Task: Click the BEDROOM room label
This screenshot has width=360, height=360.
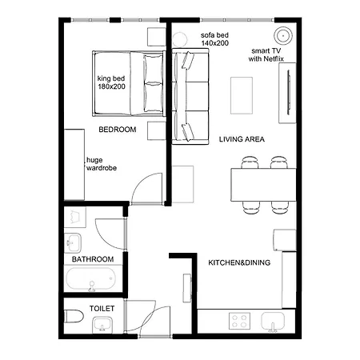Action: (118, 130)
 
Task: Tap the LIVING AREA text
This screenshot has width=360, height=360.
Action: (242, 139)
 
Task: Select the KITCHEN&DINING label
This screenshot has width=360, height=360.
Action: (239, 262)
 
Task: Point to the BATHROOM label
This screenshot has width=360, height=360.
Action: (93, 260)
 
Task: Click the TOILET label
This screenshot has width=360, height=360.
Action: (102, 308)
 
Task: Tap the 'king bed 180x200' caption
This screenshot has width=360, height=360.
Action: (114, 82)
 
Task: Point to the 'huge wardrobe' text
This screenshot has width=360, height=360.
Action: (102, 164)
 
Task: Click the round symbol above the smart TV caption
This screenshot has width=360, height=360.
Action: (282, 35)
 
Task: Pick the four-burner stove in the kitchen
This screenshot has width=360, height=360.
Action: (239, 321)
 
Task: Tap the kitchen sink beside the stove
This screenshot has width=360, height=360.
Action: (273, 322)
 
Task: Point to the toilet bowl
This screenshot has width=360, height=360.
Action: (72, 317)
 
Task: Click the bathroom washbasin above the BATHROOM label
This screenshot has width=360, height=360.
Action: (74, 241)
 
